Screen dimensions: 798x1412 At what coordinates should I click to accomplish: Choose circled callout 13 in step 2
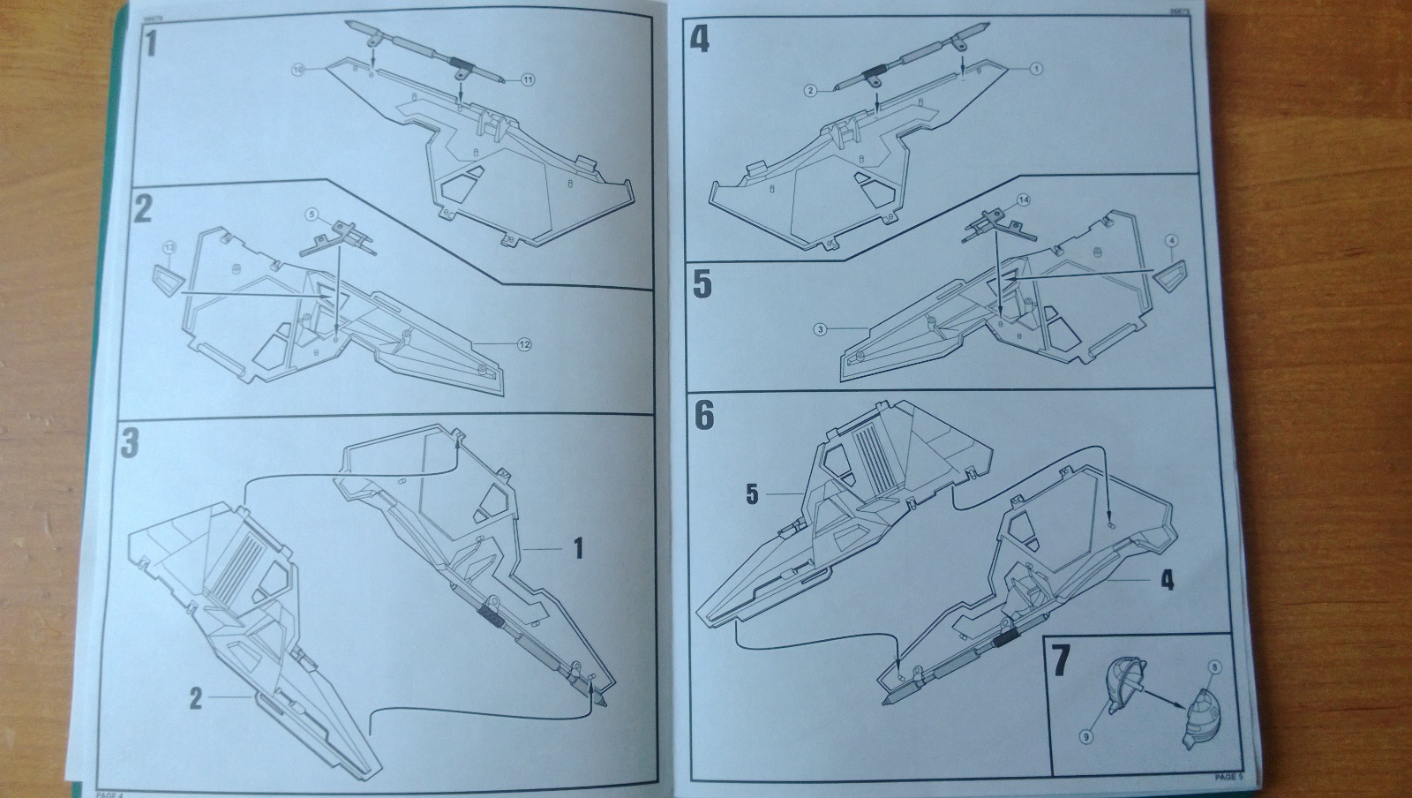coord(170,251)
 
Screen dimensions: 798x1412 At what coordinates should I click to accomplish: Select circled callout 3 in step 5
coord(820,329)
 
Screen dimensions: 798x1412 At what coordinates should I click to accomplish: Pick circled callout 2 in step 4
coord(810,89)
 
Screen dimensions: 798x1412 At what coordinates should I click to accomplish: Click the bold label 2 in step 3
coord(196,699)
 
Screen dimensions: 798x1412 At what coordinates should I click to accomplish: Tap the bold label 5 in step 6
coord(751,494)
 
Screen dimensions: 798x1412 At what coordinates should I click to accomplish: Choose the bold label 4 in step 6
coord(1167,580)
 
